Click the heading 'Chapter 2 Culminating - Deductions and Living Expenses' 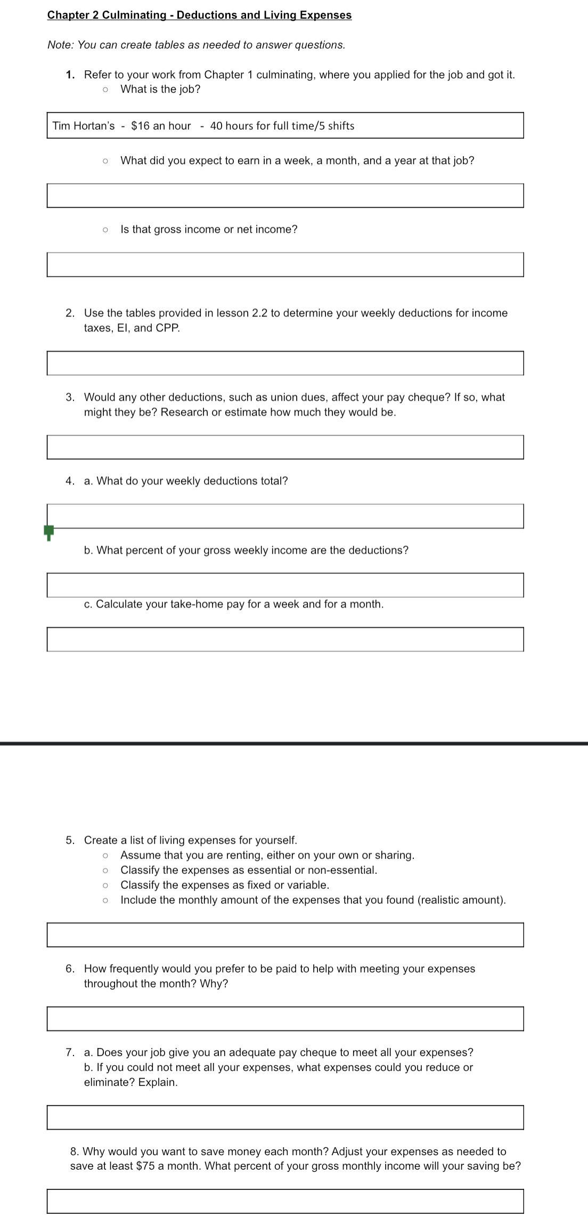(x=199, y=15)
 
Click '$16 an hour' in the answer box (x=161, y=126)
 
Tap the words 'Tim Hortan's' (x=84, y=126)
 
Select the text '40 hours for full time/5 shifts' (x=282, y=126)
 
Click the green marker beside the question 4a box (x=48, y=531)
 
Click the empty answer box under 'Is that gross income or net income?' (x=285, y=265)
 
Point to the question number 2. (x=70, y=313)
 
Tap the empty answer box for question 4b (x=285, y=585)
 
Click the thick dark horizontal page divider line (x=294, y=743)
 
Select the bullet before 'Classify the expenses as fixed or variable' (x=105, y=885)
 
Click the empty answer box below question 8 (x=285, y=1201)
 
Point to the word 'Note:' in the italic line (x=61, y=45)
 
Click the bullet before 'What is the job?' (x=105, y=90)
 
